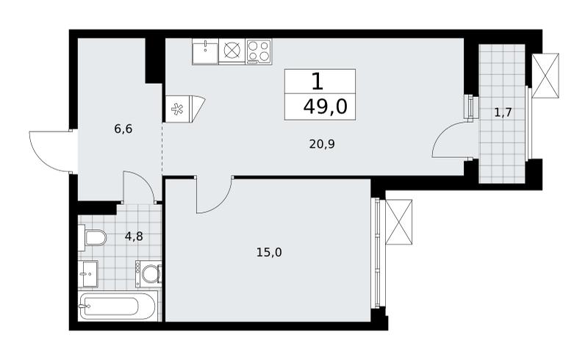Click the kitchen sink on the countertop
pyautogui.click(x=205, y=51)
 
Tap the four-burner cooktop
pyautogui.click(x=259, y=51)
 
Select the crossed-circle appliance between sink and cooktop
pyautogui.click(x=232, y=51)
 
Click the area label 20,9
pyautogui.click(x=322, y=144)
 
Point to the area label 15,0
pyautogui.click(x=269, y=253)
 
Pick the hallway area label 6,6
pyautogui.click(x=123, y=129)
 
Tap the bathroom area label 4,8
pyautogui.click(x=134, y=237)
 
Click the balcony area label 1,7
pyautogui.click(x=503, y=112)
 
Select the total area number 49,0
pyautogui.click(x=326, y=107)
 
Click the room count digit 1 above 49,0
pyautogui.click(x=318, y=82)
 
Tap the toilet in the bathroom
pyautogui.click(x=93, y=238)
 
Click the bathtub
pyautogui.click(x=117, y=306)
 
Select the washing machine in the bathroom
pyautogui.click(x=148, y=274)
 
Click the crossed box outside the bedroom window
pyautogui.click(x=398, y=222)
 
